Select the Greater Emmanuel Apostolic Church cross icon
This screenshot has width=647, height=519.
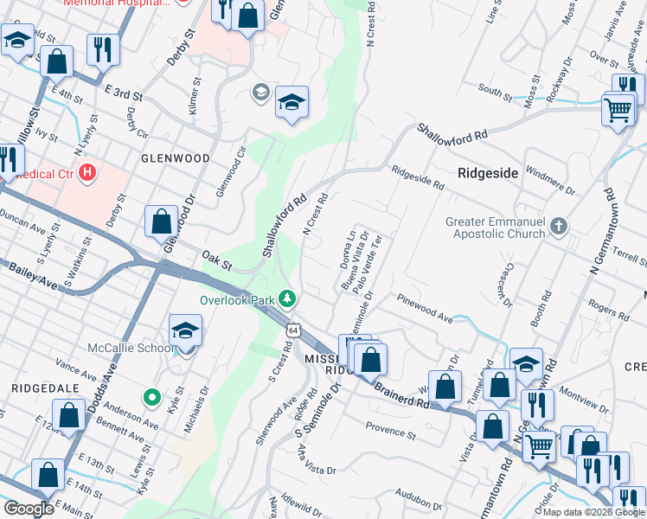coord(559,227)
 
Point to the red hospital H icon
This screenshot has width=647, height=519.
coord(86,173)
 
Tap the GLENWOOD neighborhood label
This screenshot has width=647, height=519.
coord(176,158)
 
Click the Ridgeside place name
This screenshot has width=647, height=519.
coord(488,173)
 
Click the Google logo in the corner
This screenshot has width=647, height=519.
coord(29,509)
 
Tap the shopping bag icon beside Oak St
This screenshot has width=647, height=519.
coord(162,221)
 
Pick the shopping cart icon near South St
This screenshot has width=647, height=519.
coord(618,111)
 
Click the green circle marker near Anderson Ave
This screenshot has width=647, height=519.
coord(152,398)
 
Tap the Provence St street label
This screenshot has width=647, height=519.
coord(390,429)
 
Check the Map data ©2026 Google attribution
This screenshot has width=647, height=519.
coord(593,512)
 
